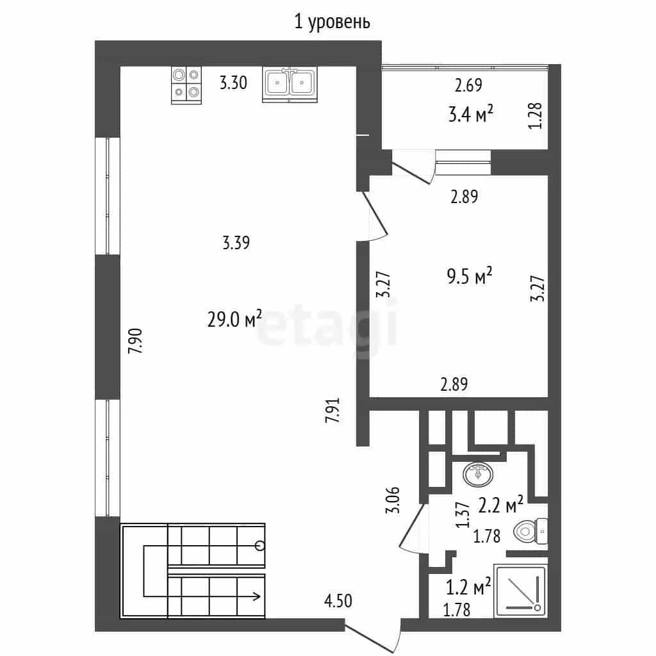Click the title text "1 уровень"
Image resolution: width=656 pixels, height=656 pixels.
point(332,22)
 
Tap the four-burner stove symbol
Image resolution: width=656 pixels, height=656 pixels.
point(186,85)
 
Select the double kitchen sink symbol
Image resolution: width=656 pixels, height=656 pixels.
point(290,85)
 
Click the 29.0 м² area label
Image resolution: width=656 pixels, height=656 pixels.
point(234,319)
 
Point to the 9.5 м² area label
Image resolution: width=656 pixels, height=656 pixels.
point(470,276)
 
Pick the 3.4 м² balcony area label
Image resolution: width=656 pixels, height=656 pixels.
point(470,113)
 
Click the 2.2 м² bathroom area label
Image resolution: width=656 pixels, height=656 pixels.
point(500,505)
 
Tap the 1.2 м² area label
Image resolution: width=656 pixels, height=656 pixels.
point(468,587)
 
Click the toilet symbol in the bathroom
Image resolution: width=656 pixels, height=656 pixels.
point(530,531)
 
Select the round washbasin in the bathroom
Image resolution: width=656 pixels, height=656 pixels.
point(478,475)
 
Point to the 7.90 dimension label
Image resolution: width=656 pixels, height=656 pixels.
point(136,341)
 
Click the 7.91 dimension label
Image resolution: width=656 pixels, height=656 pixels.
point(333,409)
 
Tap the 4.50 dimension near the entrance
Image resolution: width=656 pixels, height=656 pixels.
point(338,601)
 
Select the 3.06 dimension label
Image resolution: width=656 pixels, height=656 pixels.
point(393,500)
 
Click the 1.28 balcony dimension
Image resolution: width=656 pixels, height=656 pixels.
point(535,116)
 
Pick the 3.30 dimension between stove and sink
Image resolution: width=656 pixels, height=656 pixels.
point(233,83)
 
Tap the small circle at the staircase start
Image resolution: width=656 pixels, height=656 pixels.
point(260,546)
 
